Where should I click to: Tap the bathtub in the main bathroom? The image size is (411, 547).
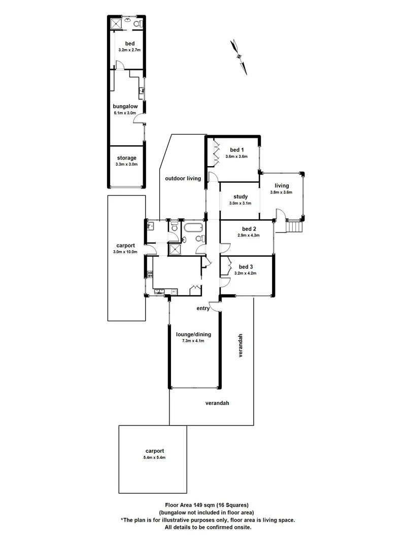coord(193,227)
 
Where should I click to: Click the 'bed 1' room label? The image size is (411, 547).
coord(237,149)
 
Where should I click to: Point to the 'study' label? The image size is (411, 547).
coord(241,197)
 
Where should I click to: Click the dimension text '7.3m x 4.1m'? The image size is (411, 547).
coord(193,341)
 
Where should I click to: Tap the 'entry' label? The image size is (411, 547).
coord(203,308)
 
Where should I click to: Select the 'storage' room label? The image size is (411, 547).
coord(127,158)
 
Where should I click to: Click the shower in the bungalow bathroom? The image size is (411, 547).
coord(116,23)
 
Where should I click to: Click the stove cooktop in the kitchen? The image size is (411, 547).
coord(149,275)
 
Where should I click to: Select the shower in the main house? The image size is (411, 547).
coord(176,249)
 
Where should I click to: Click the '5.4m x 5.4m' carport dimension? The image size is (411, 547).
coord(154,457)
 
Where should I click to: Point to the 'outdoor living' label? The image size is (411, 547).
coord(183,178)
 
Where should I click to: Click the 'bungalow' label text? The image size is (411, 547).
coord(125,106)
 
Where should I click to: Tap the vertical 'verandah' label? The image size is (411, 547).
coord(242,345)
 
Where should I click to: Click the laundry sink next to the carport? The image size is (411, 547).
coord(151,226)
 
